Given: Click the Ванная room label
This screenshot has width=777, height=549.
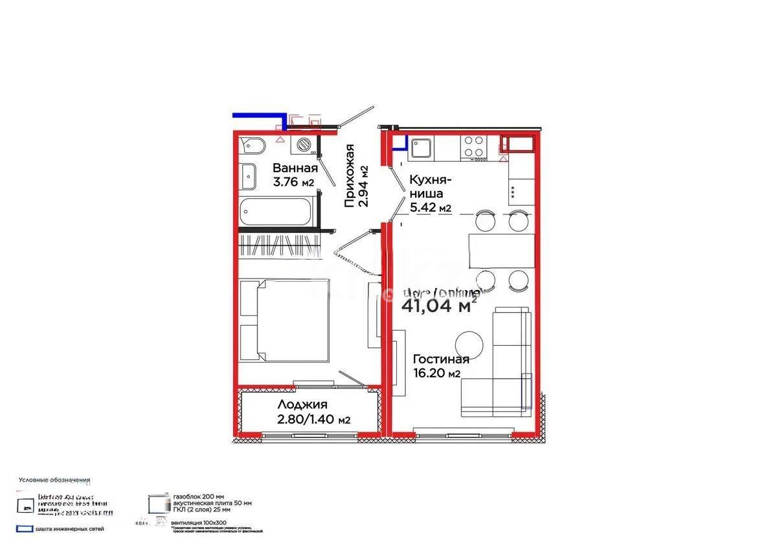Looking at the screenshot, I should [x=295, y=168].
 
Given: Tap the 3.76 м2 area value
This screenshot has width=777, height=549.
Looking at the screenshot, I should [x=293, y=183].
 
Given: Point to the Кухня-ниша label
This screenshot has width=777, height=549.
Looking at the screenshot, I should [x=430, y=186].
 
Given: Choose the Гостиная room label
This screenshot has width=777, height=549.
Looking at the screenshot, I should [x=441, y=359].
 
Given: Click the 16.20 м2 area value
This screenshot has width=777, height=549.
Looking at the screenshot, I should [x=437, y=374].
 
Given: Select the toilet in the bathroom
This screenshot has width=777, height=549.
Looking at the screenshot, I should [x=251, y=146].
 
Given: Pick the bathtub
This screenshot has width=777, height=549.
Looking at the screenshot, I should [x=276, y=212].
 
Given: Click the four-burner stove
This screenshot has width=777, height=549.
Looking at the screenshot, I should [x=474, y=147].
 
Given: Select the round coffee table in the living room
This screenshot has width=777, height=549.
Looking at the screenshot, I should [x=467, y=343].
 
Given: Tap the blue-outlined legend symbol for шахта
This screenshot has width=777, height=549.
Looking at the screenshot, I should [x=24, y=529].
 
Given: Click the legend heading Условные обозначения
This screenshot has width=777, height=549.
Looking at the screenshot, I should [x=54, y=480].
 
